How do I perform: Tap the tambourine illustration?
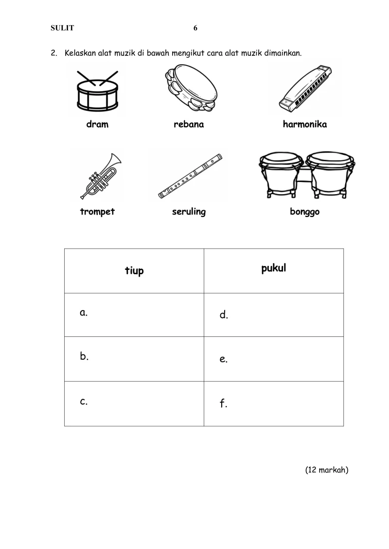191,87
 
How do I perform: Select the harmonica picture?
305,89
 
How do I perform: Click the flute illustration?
190,176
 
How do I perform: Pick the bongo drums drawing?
306,175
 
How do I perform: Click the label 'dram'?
97,124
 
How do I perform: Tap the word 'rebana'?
189,124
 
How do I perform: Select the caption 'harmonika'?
305,124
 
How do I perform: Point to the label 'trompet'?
97,212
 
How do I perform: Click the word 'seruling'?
189,212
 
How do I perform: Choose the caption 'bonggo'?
304,212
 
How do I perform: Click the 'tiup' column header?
134,271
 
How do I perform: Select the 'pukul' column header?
274,268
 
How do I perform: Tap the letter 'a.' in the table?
84,312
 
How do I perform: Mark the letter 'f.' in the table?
224,403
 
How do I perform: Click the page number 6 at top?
195,28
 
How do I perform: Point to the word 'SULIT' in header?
62,28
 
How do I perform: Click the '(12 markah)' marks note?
327,470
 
